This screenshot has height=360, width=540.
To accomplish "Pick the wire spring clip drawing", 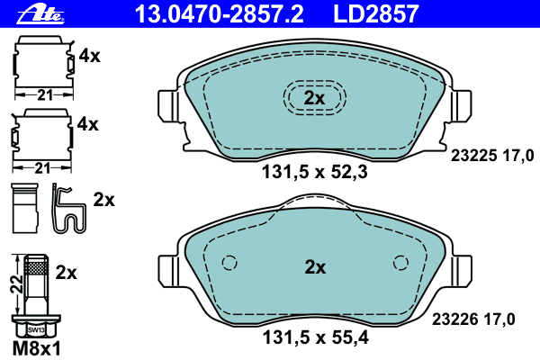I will tap(67, 209).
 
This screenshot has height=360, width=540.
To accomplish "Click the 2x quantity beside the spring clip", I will tap(104, 199).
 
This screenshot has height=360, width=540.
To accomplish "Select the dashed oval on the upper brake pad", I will tap(313, 97).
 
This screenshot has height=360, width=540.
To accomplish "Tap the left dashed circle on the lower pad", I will tap(228, 263).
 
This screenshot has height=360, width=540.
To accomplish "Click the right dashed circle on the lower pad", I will tap(400, 263).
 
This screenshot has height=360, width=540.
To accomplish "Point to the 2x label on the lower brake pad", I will tap(314, 267).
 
